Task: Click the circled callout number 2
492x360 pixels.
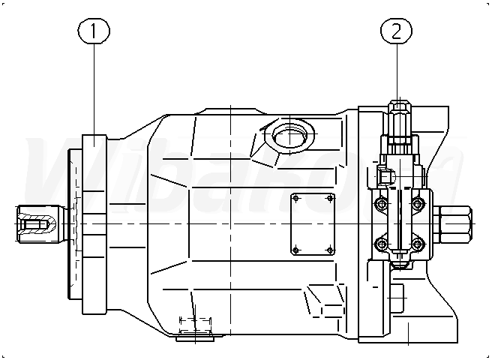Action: coord(397,31)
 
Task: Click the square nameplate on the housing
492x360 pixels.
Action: coord(313,223)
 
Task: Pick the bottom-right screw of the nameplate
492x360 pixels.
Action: coord(328,249)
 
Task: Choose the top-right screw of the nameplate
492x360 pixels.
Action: coord(328,199)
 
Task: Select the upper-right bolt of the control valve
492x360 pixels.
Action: coord(417,203)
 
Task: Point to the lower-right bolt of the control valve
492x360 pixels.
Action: coord(417,242)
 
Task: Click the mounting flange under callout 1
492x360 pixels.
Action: coord(93,223)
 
